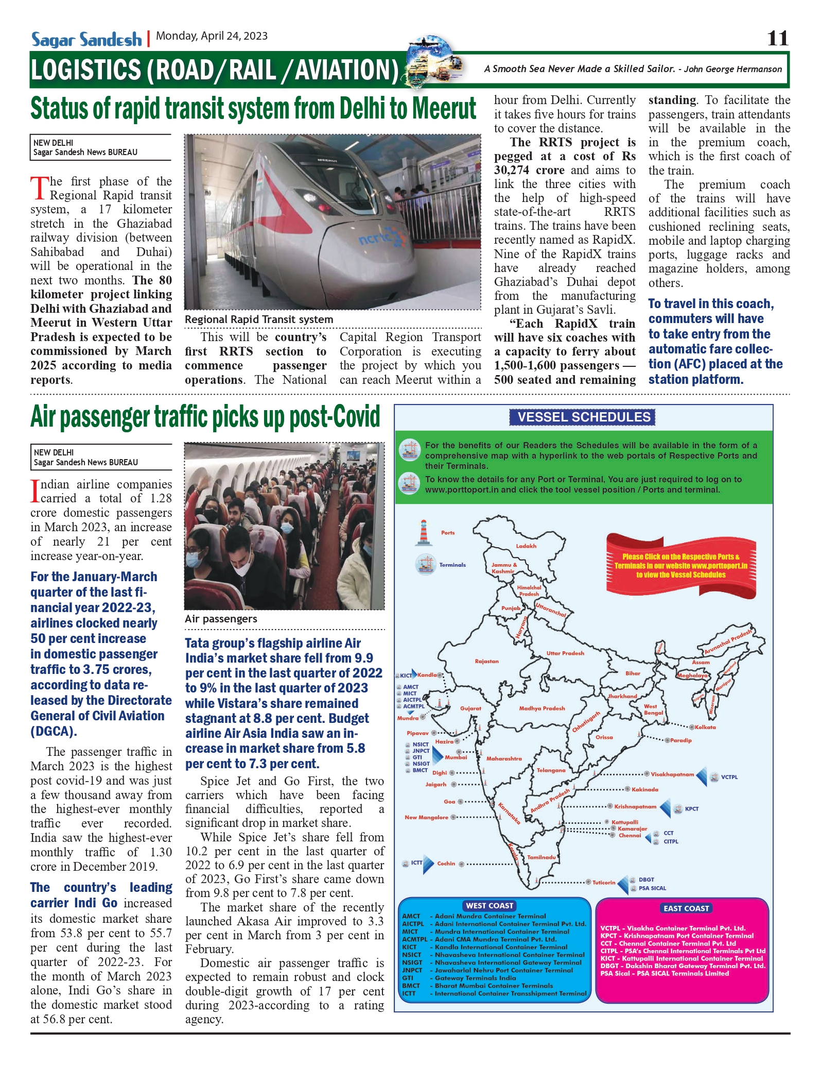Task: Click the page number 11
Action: (777, 39)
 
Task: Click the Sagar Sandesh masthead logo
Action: (86, 40)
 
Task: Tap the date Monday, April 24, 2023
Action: (212, 36)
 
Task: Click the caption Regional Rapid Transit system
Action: (259, 319)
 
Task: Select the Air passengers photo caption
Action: (221, 619)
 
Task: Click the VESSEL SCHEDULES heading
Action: (584, 417)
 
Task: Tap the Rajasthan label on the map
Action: (486, 661)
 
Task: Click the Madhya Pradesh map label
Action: (542, 708)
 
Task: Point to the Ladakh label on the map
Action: (526, 546)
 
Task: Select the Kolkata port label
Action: (705, 728)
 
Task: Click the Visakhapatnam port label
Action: (672, 774)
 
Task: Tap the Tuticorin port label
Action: (603, 883)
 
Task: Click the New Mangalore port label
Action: (426, 817)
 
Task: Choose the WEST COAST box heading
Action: (490, 906)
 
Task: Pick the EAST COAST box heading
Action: (686, 908)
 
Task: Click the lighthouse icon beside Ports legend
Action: (424, 533)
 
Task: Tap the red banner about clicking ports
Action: (680, 566)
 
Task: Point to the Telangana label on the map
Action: (551, 770)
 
